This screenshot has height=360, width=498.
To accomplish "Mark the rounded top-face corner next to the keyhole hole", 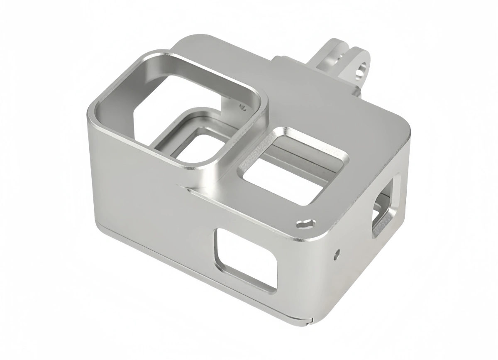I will [324, 233].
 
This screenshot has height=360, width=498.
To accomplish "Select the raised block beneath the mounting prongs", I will [290, 66].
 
